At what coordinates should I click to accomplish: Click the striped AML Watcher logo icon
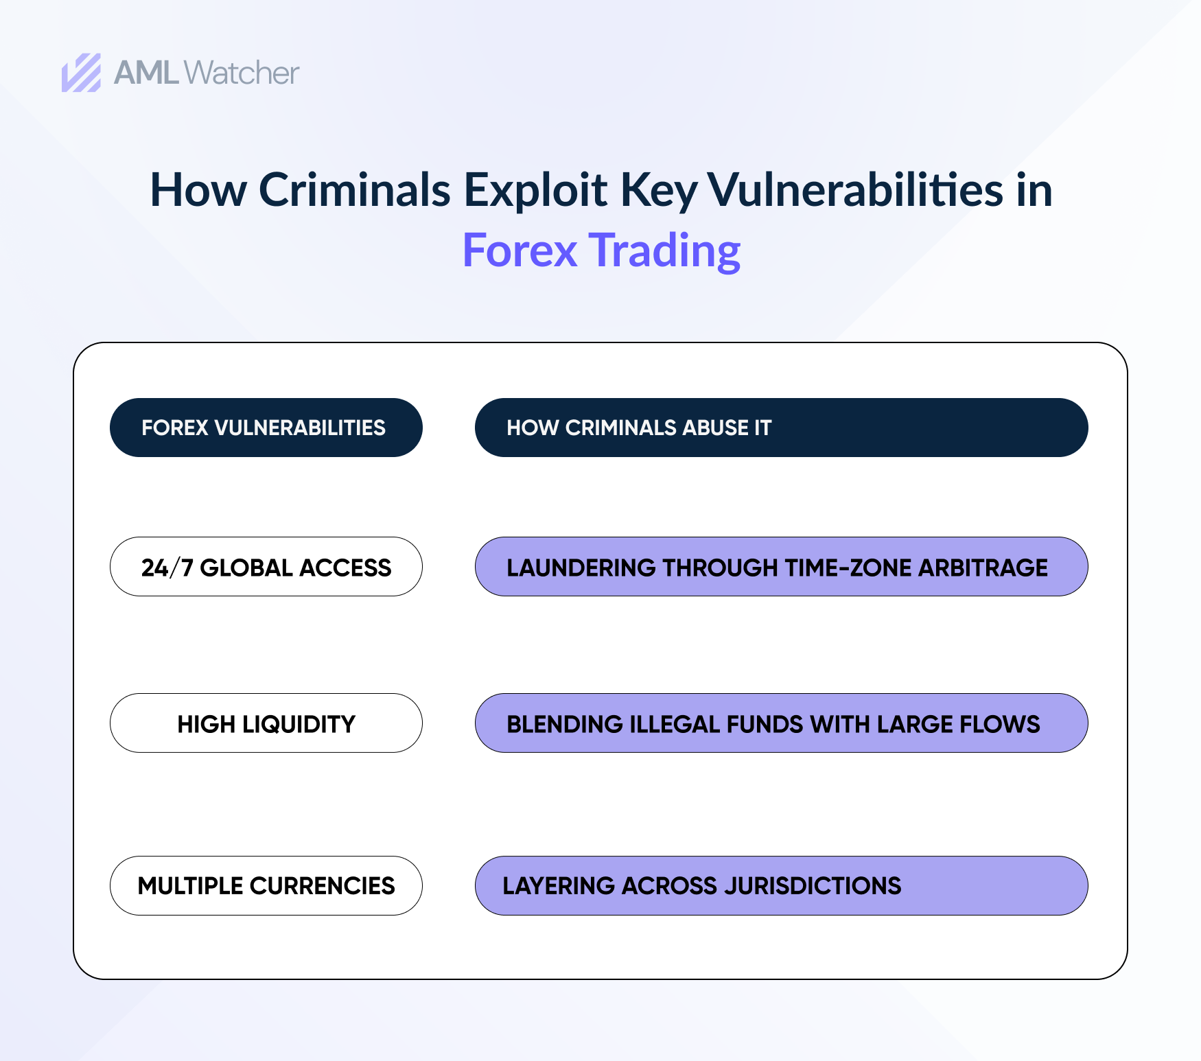81,73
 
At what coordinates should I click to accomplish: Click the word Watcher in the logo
242,73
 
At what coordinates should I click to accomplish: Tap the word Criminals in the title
355,189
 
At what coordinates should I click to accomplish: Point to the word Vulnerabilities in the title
855,189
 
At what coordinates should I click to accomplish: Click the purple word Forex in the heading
520,250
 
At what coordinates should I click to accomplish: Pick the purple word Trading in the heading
665,251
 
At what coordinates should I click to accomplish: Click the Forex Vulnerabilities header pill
266,428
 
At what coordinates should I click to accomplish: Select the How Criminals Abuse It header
781,428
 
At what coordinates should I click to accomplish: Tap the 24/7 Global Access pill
266,567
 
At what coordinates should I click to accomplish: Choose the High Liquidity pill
266,723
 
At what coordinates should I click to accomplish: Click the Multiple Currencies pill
266,885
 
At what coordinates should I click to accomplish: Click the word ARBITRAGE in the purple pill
983,568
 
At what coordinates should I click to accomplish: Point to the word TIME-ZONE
848,568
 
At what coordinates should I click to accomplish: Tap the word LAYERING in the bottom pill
559,886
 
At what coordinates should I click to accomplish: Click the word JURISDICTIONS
813,886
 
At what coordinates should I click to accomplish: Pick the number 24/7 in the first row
167,568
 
